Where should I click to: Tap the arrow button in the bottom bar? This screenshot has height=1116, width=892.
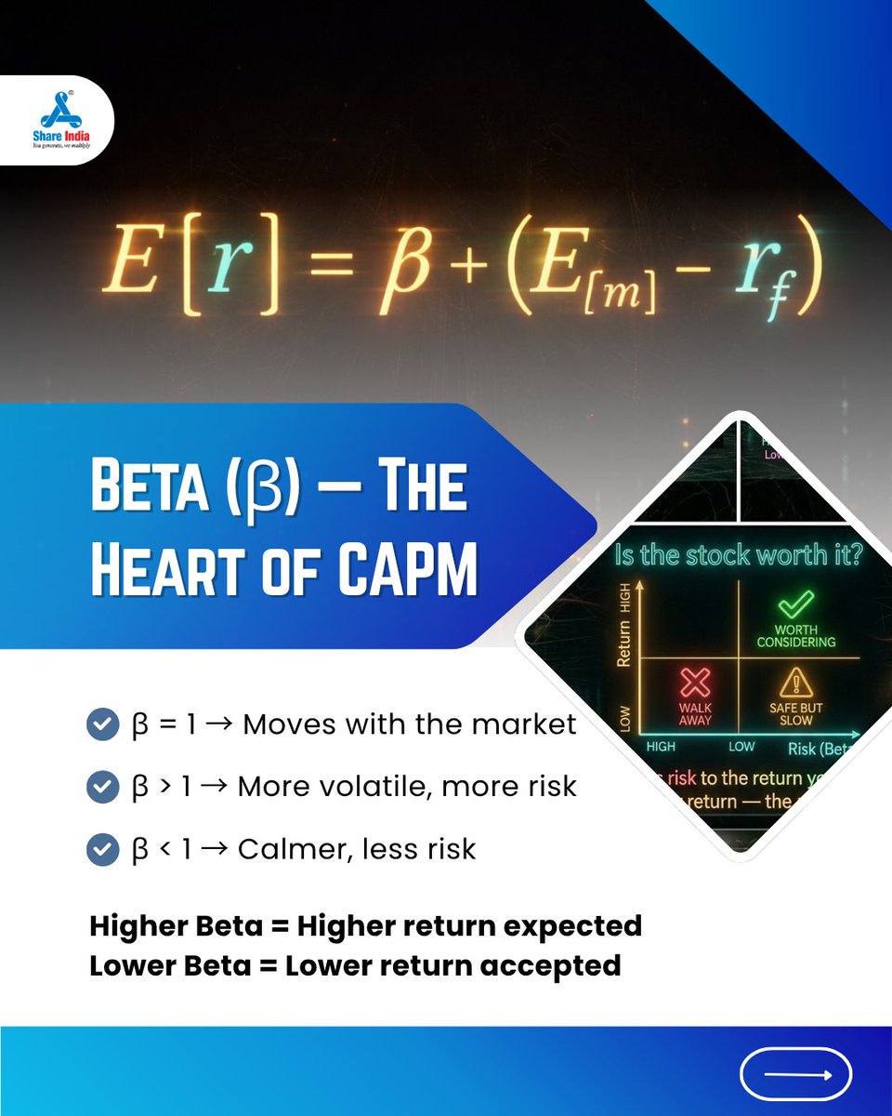[795, 1074]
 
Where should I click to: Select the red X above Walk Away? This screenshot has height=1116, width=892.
[695, 684]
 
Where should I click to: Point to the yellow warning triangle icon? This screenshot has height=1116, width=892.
[796, 684]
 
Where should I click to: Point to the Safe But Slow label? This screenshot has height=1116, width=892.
[796, 713]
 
